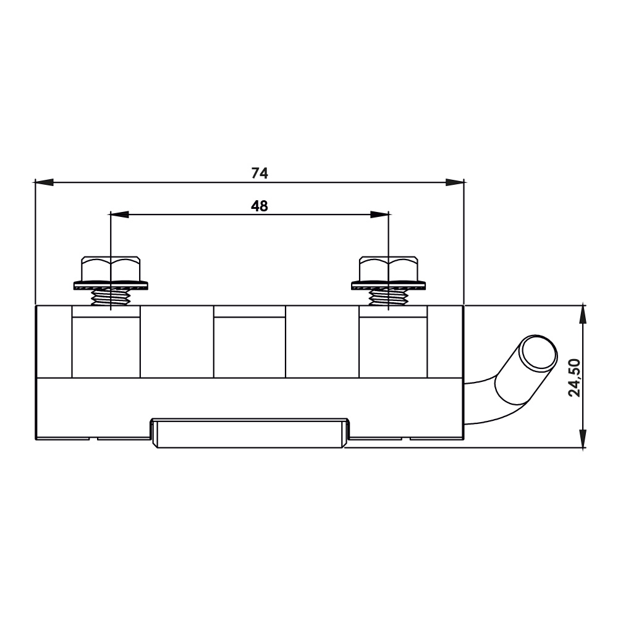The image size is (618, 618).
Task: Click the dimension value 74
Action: [260, 174]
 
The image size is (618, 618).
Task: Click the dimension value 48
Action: [260, 206]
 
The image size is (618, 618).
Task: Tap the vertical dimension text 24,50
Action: [575, 377]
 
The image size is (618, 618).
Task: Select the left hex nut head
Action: [111, 268]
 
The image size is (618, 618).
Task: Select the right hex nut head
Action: [389, 268]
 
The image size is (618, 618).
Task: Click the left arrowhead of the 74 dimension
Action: [44, 182]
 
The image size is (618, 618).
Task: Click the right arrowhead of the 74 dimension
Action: [455, 182]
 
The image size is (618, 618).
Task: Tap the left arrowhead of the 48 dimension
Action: [120, 214]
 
